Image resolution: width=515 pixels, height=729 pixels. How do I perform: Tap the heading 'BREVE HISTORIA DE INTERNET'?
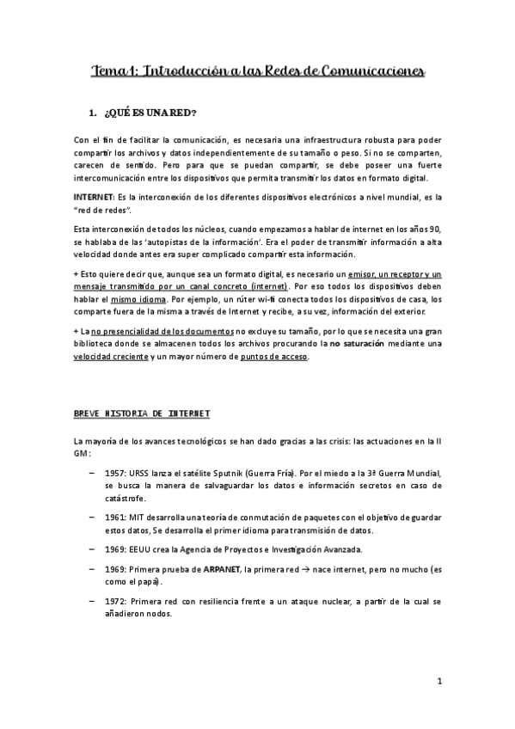pyautogui.click(x=142, y=414)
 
